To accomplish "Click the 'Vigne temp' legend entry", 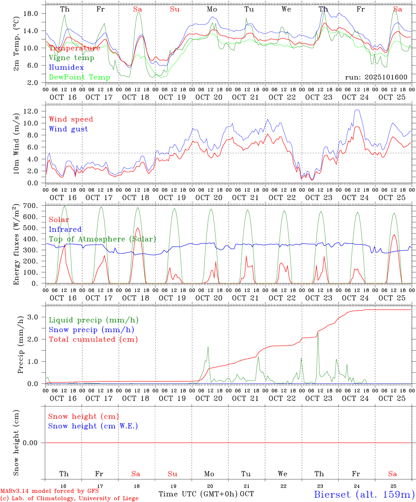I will point(71,58).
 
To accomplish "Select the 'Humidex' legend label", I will point(66,68).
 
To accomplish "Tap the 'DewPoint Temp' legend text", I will point(79,77).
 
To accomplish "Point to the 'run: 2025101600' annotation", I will point(376,77).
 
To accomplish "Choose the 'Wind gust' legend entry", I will point(68,129).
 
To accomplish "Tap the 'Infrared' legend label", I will point(65,229).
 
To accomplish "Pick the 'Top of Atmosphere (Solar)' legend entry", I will point(102,239).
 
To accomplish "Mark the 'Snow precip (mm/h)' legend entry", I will point(91,330).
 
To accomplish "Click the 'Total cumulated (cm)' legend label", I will point(93,340).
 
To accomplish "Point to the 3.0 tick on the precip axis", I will point(32,317).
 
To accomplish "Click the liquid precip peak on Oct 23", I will point(318,332).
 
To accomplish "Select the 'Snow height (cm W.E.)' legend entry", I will point(93,426).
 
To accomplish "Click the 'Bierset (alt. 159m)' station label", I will point(364,494).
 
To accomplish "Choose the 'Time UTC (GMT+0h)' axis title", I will point(198,494).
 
